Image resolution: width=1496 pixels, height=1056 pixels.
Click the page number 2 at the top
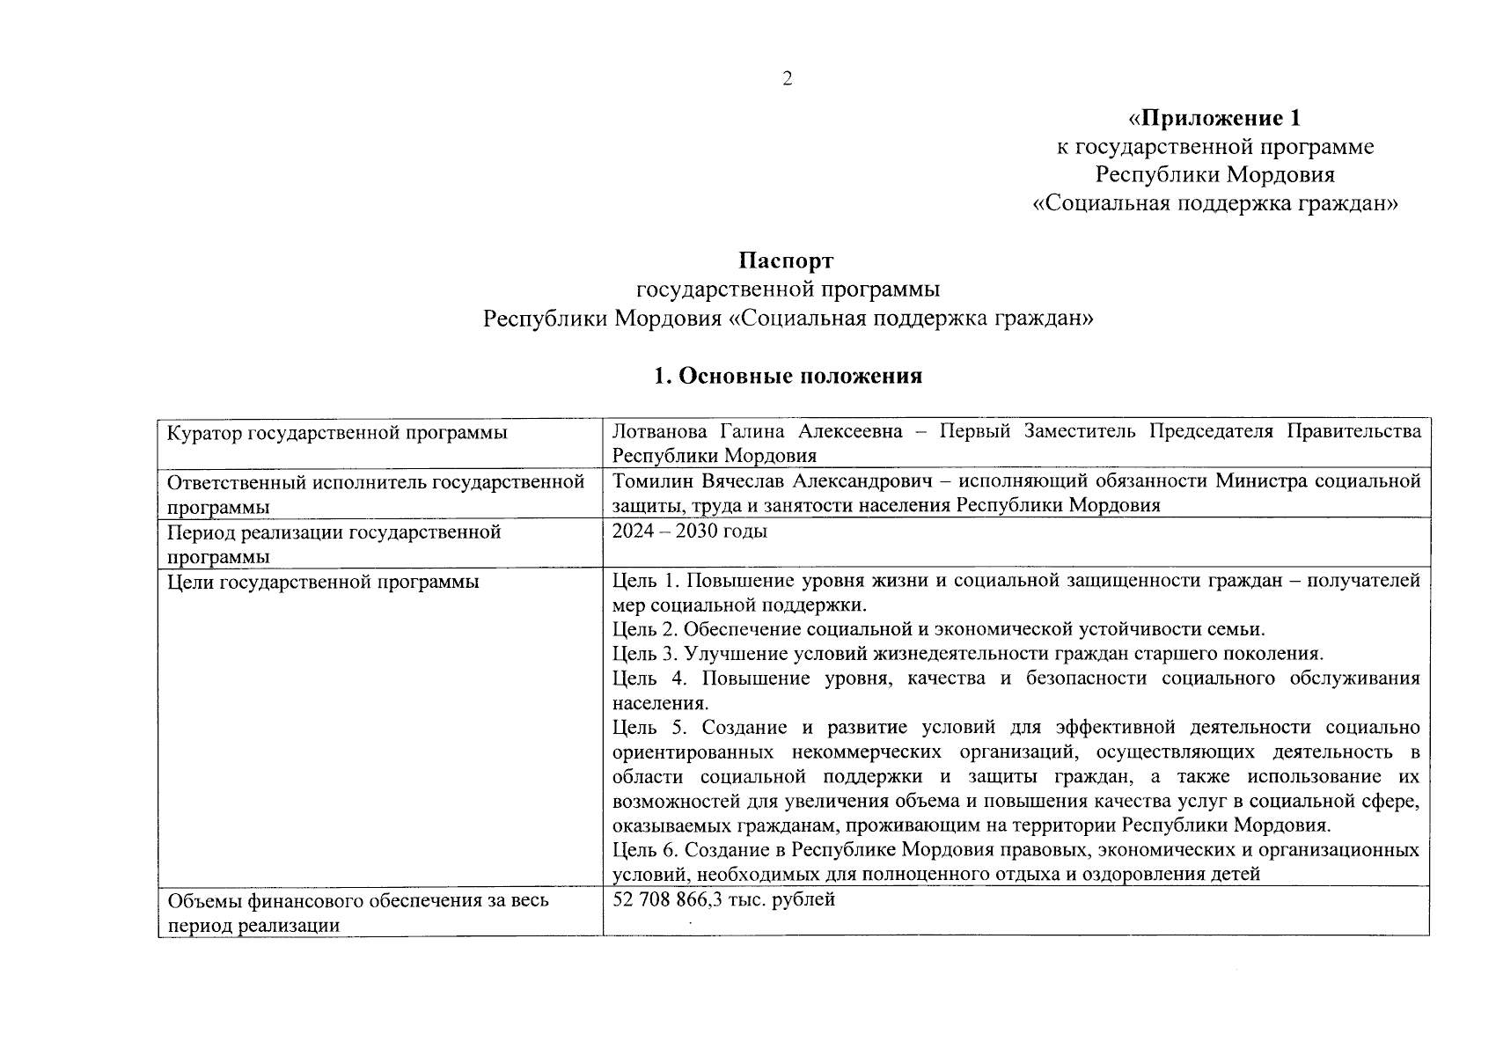(x=787, y=79)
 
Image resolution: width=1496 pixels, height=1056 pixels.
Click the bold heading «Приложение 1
(x=1214, y=118)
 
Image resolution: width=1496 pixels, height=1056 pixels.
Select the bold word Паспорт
(x=786, y=260)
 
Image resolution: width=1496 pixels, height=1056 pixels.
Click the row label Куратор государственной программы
(x=337, y=433)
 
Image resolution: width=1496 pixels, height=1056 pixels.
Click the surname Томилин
(x=653, y=481)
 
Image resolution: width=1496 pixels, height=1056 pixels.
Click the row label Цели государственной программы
(x=323, y=582)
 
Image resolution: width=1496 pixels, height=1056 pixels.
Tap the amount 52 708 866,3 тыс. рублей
(x=723, y=900)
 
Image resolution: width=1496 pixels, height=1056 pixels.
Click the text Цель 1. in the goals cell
(x=645, y=581)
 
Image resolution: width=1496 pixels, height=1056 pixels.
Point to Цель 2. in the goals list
(x=645, y=629)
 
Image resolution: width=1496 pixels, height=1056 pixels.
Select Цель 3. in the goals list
(x=645, y=654)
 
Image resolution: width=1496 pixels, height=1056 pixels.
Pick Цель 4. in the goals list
(x=647, y=678)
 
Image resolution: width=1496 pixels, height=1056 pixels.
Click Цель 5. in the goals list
(x=647, y=728)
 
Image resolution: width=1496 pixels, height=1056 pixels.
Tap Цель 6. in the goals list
(x=645, y=850)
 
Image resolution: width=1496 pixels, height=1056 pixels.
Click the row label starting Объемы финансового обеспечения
(x=357, y=900)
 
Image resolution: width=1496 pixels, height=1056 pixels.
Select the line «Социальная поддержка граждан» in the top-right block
(x=1214, y=204)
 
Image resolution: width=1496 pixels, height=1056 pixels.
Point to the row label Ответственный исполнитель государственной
(x=376, y=482)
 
